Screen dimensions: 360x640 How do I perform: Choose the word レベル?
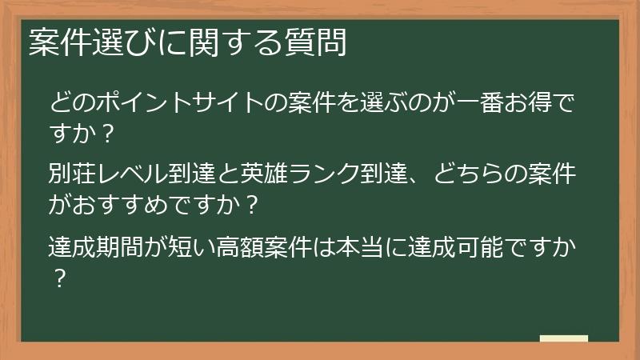tap(127, 174)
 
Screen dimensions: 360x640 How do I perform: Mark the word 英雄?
tap(270, 174)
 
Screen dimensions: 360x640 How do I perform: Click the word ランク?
tap(327, 174)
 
